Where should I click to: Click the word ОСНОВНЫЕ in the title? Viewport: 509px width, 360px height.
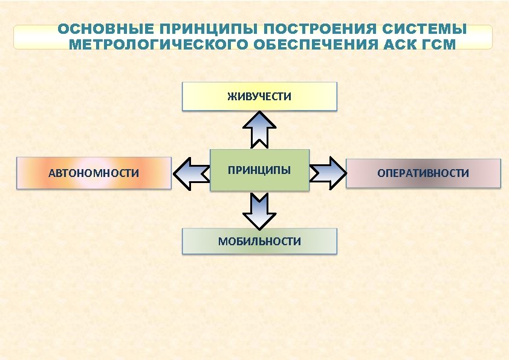102,29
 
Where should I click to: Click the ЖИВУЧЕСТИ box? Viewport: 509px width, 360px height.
259,97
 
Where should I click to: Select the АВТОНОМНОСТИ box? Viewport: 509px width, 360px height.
94,173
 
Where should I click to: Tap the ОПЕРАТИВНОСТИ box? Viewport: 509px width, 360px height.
423,173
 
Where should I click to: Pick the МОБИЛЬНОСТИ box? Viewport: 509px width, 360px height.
259,242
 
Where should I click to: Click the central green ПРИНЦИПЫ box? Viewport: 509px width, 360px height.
259,170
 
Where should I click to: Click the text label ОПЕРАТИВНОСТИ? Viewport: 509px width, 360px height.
423,173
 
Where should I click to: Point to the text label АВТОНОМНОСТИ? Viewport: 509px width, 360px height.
94,174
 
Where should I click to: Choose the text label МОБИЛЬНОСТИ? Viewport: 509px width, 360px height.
259,242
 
